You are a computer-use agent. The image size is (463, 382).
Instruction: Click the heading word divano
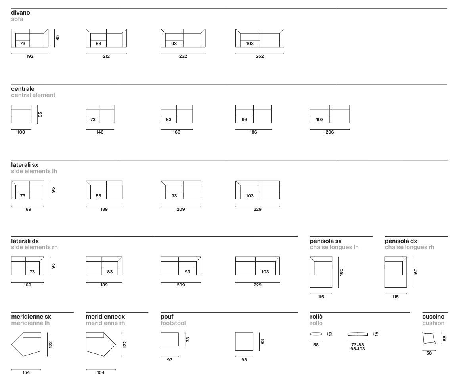click(20, 13)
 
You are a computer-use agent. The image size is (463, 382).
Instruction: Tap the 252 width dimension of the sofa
click(260, 56)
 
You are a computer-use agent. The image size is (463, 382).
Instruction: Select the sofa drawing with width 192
click(30, 38)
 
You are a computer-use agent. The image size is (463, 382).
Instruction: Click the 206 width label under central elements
click(330, 132)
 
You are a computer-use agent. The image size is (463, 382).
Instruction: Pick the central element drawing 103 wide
click(21, 114)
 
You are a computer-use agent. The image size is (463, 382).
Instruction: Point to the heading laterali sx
click(25, 165)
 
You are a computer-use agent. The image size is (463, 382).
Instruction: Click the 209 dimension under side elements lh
click(181, 209)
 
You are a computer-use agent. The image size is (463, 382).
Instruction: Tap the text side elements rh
click(34, 247)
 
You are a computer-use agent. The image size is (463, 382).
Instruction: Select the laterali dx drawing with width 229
click(258, 266)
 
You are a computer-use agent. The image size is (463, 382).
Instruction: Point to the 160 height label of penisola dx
click(416, 272)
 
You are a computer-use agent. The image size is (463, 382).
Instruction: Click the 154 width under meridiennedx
click(101, 372)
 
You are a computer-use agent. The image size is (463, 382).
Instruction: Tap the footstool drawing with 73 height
click(170, 340)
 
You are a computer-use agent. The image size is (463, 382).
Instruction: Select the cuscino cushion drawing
click(429, 338)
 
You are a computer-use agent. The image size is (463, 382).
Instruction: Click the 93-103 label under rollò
click(358, 349)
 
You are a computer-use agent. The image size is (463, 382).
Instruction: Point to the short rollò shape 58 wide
click(316, 334)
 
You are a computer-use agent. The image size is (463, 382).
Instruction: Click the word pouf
click(167, 317)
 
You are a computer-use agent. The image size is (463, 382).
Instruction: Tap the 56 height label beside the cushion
click(445, 338)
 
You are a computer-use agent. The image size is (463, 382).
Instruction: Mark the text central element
click(33, 95)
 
